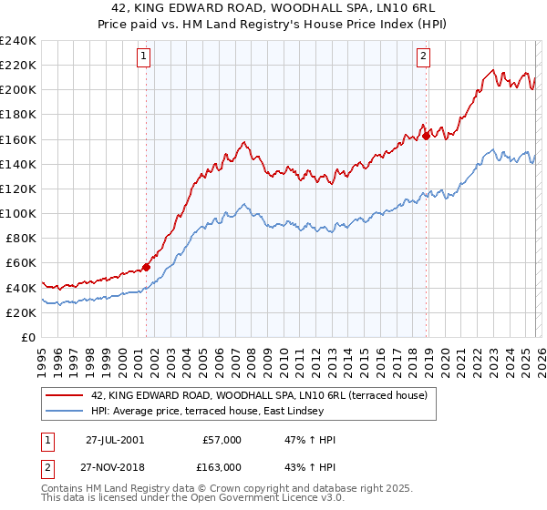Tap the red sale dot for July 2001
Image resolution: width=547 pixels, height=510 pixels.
(x=146, y=267)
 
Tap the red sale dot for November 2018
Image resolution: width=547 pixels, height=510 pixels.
(x=426, y=136)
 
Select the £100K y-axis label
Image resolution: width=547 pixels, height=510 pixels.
(x=18, y=213)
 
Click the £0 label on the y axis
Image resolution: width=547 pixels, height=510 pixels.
(x=27, y=337)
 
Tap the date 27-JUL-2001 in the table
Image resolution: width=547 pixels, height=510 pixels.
(x=115, y=440)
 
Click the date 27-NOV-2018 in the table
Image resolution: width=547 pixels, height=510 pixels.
(x=115, y=467)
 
